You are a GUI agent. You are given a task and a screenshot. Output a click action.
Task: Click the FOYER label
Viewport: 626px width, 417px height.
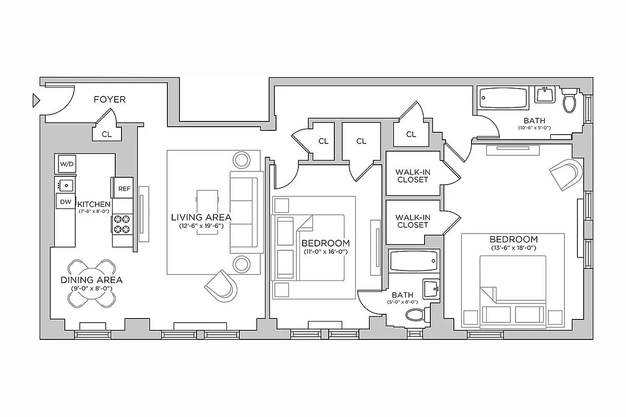point(110,100)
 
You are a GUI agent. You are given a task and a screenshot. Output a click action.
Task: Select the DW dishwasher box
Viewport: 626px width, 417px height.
point(66,201)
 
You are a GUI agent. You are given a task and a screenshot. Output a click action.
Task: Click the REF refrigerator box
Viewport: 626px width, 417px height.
point(124,188)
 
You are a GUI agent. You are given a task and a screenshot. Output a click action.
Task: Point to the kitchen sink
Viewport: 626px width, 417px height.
point(66,184)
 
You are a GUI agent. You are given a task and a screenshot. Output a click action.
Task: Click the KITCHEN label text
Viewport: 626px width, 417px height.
point(94,204)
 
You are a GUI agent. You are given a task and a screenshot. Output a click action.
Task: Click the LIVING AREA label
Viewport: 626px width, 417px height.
point(201,217)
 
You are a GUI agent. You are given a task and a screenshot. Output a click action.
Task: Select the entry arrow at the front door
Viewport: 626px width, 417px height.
point(36,100)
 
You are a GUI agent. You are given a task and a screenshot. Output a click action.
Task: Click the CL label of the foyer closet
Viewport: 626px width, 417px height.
point(106,134)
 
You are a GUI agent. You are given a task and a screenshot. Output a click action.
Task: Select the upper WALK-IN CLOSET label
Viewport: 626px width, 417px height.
point(412,176)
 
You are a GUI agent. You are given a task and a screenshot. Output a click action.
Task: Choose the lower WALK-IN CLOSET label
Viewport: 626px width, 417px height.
point(412,221)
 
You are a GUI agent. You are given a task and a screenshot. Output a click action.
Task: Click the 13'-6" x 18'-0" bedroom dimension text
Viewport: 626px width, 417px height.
point(513,248)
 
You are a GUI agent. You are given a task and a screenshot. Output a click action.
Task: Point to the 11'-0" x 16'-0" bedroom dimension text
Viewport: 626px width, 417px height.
point(326,252)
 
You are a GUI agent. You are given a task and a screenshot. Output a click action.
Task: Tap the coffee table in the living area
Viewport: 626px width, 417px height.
point(207,211)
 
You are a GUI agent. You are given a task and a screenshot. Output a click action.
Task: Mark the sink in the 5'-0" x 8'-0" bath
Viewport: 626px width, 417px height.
point(430,288)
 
